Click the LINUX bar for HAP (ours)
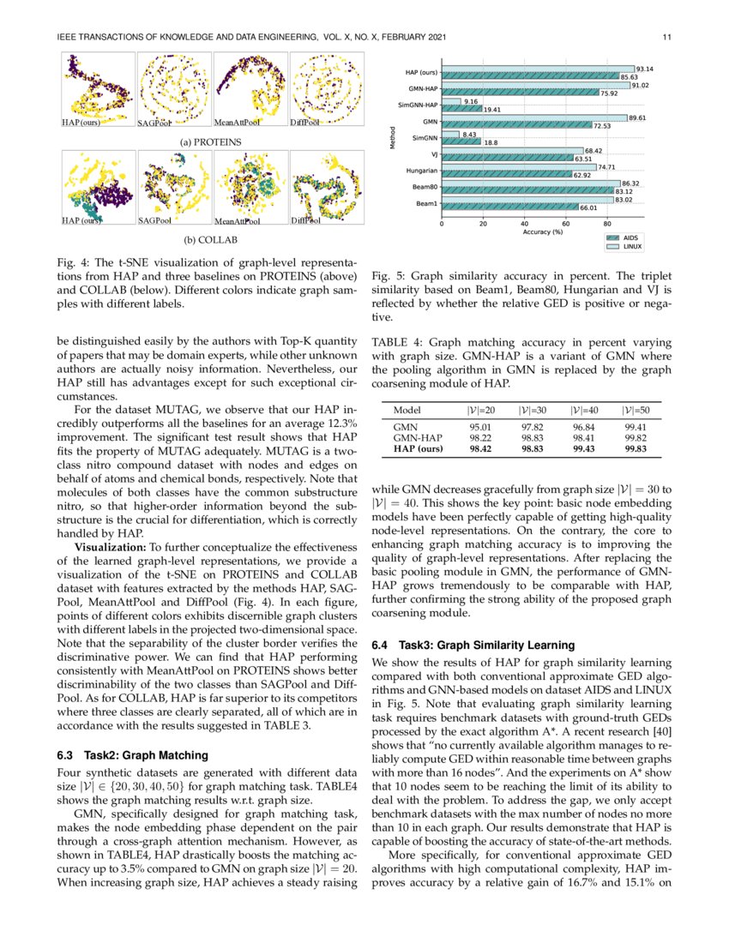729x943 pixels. pyautogui.click(x=537, y=69)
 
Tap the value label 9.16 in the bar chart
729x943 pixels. pyautogui.click(x=470, y=102)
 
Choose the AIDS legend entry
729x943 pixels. pyautogui.click(x=636, y=237)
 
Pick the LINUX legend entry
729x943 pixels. pyautogui.click(x=636, y=246)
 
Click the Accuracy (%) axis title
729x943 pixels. pyautogui.click(x=545, y=231)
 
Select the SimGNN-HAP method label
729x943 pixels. pyautogui.click(x=418, y=105)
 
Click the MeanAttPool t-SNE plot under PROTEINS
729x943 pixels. pyautogui.click(x=250, y=90)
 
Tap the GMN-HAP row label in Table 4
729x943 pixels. pyautogui.click(x=413, y=437)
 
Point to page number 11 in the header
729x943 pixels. pyautogui.click(x=666, y=36)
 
